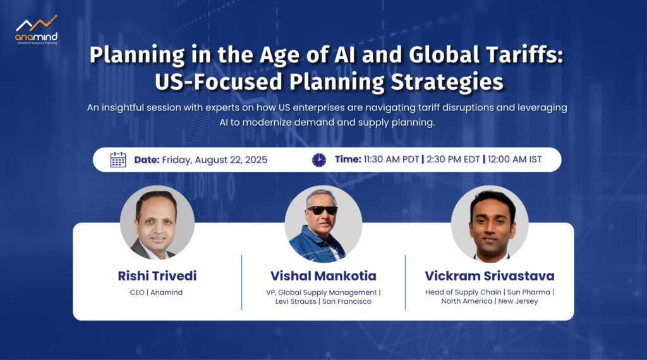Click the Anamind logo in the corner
36,30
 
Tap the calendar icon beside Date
118,160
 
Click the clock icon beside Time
319,160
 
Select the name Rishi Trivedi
157,276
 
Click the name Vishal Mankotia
323,276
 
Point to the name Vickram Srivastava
490,276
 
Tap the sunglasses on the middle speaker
322,210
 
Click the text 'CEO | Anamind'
156,292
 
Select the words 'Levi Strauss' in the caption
296,301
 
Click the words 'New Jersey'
518,301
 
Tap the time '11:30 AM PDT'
391,160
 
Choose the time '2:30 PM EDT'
453,160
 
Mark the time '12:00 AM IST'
514,160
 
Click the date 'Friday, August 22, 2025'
215,160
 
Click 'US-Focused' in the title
219,81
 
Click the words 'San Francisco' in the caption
347,301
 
